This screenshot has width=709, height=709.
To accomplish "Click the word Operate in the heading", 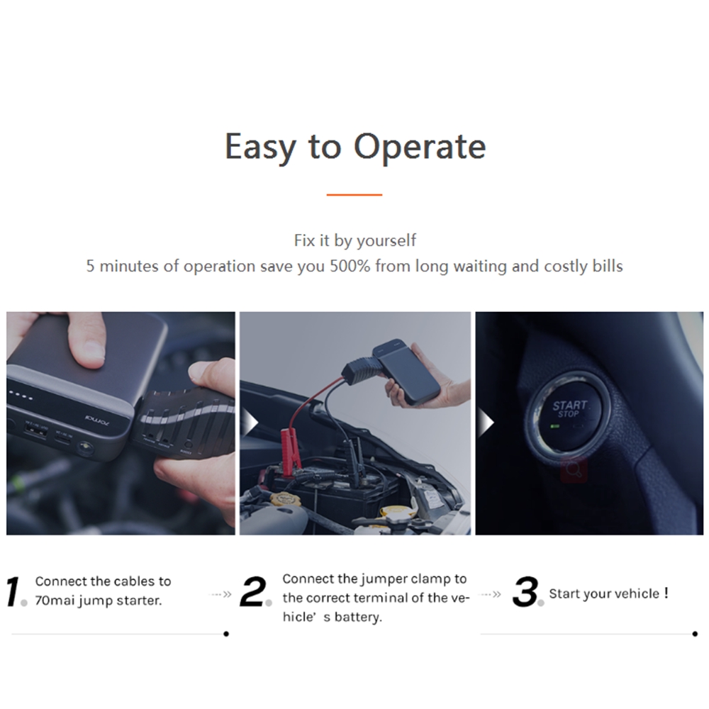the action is (420, 147).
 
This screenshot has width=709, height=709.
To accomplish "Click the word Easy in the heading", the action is (260, 147).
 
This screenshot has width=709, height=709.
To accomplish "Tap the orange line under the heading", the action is (354, 195).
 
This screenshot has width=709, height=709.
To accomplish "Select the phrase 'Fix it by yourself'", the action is (355, 240).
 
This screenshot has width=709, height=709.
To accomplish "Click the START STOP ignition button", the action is (569, 413).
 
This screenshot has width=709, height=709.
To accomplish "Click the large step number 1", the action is (13, 591).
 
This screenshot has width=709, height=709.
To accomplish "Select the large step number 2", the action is (253, 591).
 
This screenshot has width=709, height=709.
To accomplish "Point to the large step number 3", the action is (525, 591).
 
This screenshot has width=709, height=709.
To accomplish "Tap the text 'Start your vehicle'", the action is (604, 593).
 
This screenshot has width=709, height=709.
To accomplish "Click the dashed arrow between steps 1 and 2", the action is (220, 593).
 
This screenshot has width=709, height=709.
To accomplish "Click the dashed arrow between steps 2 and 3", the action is (490, 593).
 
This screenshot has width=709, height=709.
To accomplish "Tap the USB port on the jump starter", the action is (36, 431).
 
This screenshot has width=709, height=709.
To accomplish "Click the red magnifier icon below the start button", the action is (574, 470).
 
